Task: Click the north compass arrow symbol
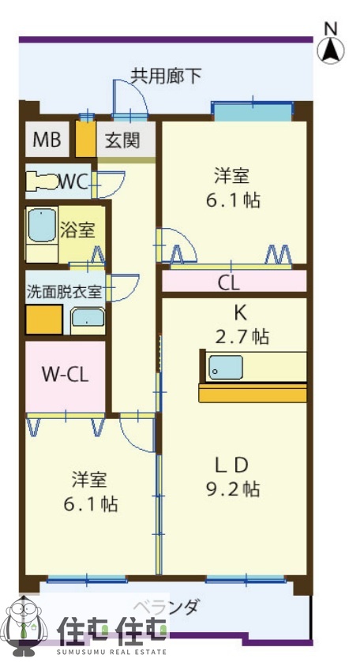[x=331, y=49]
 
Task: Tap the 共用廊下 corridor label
[x=166, y=76]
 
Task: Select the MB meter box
[x=47, y=141]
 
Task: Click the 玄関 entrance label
[x=123, y=141]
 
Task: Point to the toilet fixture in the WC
[x=41, y=181]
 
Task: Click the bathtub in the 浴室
[x=40, y=226]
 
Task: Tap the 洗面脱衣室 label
[x=64, y=290]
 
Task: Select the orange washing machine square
[x=43, y=320]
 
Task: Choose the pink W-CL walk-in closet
[x=65, y=373]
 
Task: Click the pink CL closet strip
[x=234, y=282]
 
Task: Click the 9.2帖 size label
[x=234, y=489]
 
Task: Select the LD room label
[x=234, y=464]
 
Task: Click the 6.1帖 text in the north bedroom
[x=234, y=200]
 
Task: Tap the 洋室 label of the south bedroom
[x=89, y=479]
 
